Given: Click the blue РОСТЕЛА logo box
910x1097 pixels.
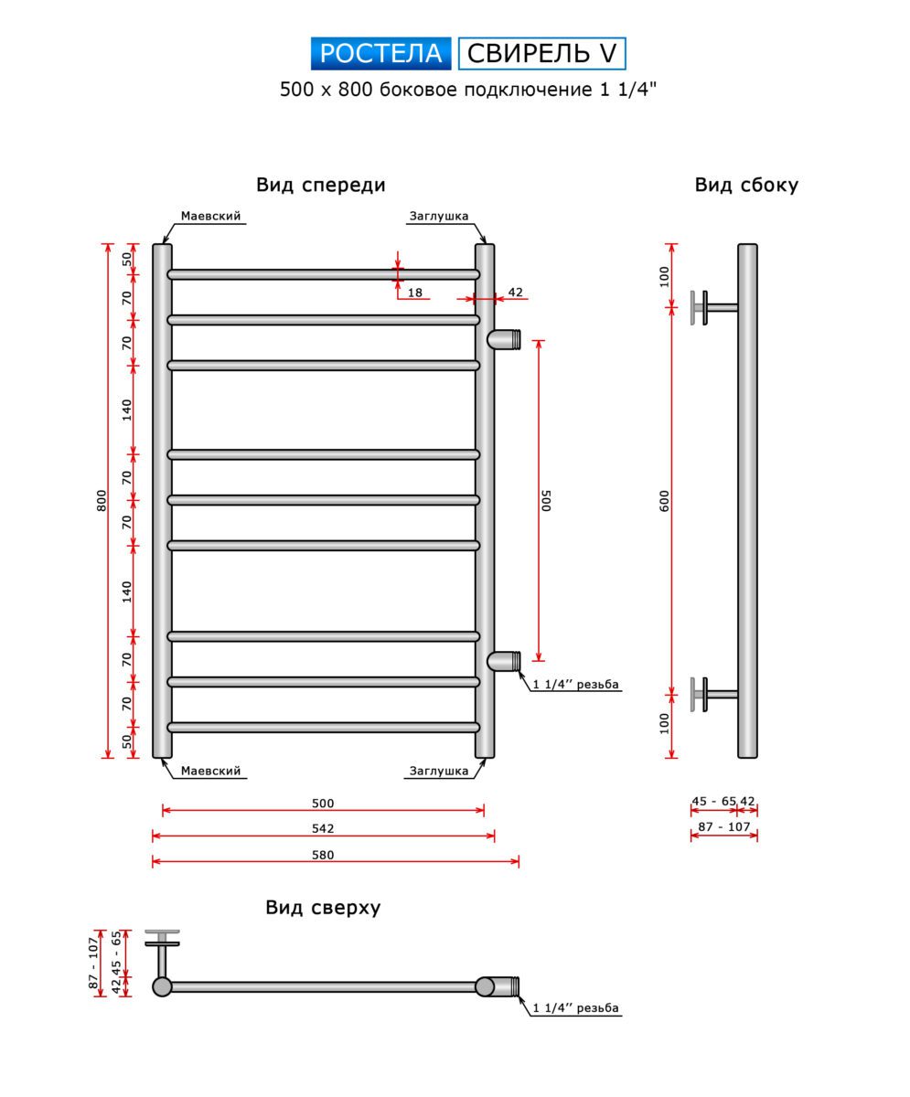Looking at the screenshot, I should pyautogui.click(x=380, y=54).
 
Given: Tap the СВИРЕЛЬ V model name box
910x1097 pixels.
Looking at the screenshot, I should pyautogui.click(x=541, y=54).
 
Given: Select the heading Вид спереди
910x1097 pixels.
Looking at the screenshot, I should pyautogui.click(x=320, y=185).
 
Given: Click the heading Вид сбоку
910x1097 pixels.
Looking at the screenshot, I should pyautogui.click(x=745, y=185).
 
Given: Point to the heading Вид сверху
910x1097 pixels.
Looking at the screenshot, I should pyautogui.click(x=323, y=908).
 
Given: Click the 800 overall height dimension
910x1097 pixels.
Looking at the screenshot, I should pyautogui.click(x=102, y=500).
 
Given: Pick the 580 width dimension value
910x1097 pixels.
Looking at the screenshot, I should pyautogui.click(x=323, y=856).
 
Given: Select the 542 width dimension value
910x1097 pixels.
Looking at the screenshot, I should pyautogui.click(x=323, y=829).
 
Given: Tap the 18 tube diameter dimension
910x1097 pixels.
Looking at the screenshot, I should pyautogui.click(x=415, y=293).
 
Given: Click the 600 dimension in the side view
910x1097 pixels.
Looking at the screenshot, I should pyautogui.click(x=665, y=500).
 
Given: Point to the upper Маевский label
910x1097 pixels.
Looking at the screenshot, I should pyautogui.click(x=210, y=217).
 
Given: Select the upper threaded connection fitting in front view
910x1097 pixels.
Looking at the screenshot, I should pyautogui.click(x=504, y=339).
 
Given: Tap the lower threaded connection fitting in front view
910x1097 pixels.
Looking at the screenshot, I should pyautogui.click(x=504, y=660).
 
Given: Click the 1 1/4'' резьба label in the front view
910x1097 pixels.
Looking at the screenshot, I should pyautogui.click(x=576, y=685).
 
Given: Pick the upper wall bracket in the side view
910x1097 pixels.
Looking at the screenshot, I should pyautogui.click(x=706, y=307).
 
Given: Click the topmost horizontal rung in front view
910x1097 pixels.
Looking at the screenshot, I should pyautogui.click(x=323, y=273).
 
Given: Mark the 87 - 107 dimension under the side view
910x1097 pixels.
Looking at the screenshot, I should pyautogui.click(x=723, y=826).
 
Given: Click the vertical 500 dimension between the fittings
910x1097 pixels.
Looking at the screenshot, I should pyautogui.click(x=546, y=500).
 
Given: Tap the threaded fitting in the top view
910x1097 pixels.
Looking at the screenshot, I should pyautogui.click(x=500, y=986).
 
